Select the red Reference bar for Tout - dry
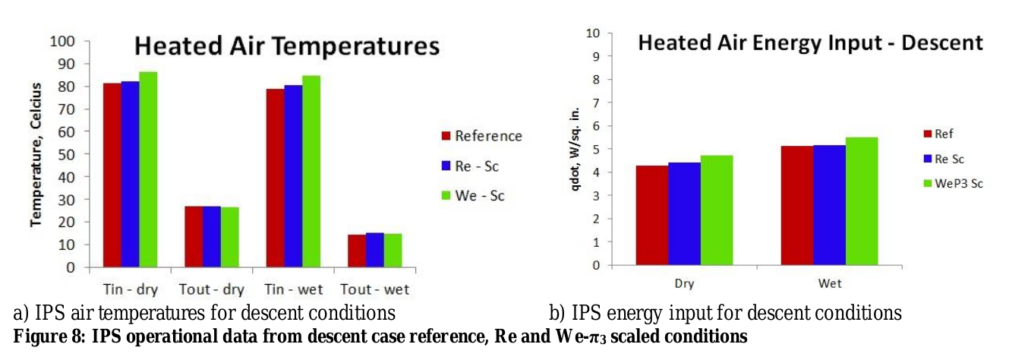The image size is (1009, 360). (x=193, y=236)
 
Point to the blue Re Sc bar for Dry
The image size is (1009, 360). (x=684, y=214)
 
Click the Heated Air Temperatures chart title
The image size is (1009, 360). (x=287, y=46)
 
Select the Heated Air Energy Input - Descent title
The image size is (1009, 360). (x=810, y=43)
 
